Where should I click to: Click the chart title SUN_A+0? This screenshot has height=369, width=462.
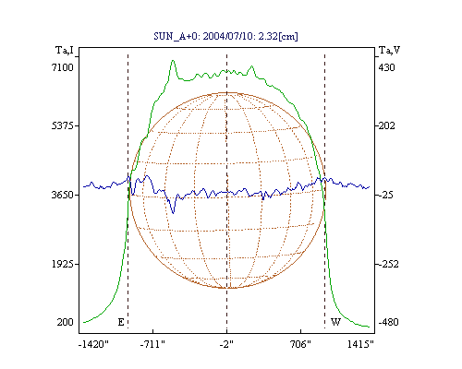(x=225, y=36)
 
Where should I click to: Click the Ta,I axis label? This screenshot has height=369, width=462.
(x=65, y=50)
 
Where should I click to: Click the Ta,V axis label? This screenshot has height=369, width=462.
(x=390, y=50)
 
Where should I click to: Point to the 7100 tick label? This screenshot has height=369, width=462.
(x=63, y=67)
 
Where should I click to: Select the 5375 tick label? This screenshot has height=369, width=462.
(x=63, y=125)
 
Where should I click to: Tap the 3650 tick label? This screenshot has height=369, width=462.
(x=63, y=195)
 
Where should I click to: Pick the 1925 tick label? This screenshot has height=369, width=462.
(x=63, y=264)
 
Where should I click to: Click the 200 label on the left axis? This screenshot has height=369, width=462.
(x=65, y=322)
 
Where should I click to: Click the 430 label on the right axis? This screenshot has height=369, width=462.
(x=386, y=67)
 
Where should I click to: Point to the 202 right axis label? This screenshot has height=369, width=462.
(x=386, y=125)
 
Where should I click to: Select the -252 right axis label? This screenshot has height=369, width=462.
(x=388, y=264)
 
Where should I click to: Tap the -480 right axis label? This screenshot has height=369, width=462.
(x=388, y=322)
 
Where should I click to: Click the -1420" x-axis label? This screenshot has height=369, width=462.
(x=93, y=344)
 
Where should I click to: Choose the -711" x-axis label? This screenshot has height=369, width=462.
(x=152, y=344)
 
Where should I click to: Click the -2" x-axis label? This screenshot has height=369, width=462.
(x=226, y=344)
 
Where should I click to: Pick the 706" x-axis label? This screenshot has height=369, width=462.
(x=300, y=344)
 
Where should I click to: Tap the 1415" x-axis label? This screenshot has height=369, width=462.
(x=360, y=344)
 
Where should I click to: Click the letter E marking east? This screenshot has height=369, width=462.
(x=121, y=322)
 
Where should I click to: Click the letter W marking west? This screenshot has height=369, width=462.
(x=335, y=322)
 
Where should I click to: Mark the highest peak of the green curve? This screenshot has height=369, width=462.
(x=173, y=60)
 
